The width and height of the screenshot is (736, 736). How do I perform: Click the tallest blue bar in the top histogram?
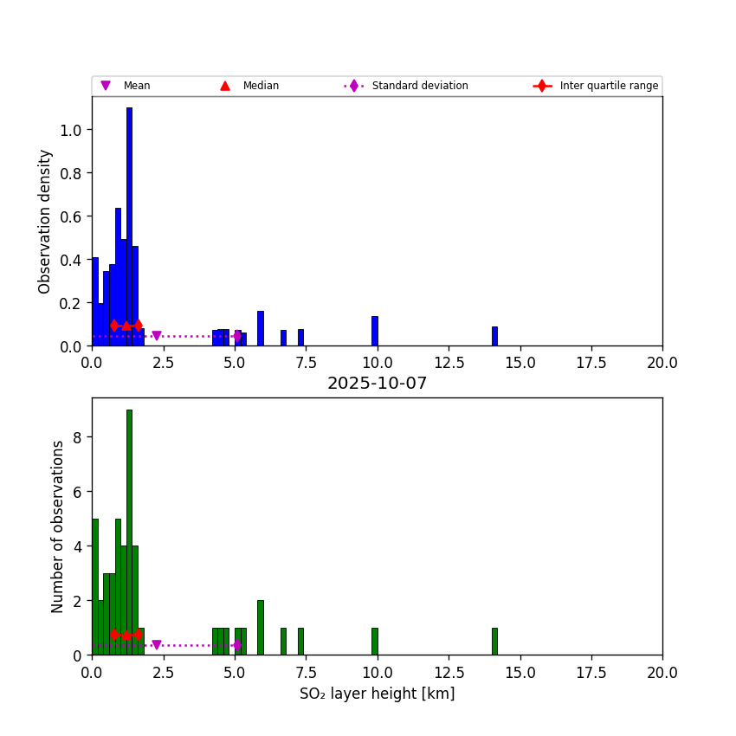point(129,225)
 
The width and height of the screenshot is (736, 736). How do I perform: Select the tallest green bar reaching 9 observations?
point(129,528)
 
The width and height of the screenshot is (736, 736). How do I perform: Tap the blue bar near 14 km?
point(494,336)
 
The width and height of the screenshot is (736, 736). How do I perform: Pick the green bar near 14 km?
point(494,642)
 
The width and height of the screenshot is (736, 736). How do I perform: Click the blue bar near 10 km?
point(375,331)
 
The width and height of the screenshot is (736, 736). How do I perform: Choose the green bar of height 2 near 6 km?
point(260,628)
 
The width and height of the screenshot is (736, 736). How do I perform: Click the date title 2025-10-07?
point(377,384)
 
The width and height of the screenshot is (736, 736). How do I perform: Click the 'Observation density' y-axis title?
point(45,221)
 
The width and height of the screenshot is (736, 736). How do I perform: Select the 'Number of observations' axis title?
point(58,526)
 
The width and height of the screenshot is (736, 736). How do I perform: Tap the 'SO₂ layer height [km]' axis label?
point(377,694)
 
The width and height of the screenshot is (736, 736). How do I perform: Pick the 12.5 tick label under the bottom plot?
point(449,672)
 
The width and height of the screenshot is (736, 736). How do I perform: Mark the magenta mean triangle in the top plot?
point(156,336)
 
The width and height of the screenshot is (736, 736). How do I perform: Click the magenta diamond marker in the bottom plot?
point(236,645)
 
